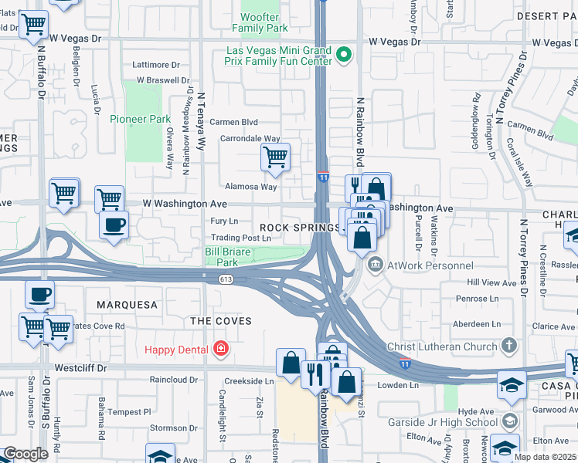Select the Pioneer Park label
tap(139, 119)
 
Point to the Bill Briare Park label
tap(231, 257)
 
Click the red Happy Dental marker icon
tap(221, 350)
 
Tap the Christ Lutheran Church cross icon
tap(508, 346)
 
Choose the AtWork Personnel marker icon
tap(376, 265)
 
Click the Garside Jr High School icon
tap(509, 421)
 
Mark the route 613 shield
tap(226, 279)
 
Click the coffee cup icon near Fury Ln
tap(114, 225)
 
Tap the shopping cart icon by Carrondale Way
tap(275, 157)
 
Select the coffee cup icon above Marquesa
tap(40, 294)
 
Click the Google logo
tap(25, 454)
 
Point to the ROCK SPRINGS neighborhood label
tap(300, 228)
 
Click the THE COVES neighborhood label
tap(222, 320)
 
